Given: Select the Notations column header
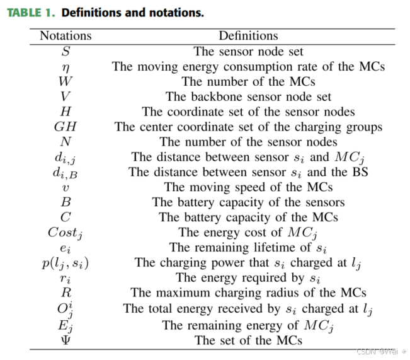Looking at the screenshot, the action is [65, 36].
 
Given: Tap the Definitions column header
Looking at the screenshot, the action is [248, 36].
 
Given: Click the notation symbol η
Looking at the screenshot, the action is [65, 66].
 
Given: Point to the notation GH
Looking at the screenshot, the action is [65, 127].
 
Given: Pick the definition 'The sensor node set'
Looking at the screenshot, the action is [248, 51].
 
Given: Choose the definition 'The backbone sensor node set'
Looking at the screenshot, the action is [248, 96].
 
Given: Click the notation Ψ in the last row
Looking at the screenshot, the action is [65, 340].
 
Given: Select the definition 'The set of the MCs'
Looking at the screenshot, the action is [248, 340].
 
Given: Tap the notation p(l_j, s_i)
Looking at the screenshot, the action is [65, 263].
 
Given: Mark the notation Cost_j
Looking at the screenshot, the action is [65, 233].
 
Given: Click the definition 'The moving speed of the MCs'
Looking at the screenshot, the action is [248, 187].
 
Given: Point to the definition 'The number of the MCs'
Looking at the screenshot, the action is [248, 81].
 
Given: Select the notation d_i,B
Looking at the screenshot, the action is [65, 173].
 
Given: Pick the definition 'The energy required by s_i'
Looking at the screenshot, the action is [248, 278].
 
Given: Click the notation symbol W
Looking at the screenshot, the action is [65, 81].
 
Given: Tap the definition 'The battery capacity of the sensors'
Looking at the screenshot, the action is [248, 202].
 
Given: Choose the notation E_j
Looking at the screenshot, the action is [65, 325].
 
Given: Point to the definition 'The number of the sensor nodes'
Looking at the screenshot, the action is [248, 142].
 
